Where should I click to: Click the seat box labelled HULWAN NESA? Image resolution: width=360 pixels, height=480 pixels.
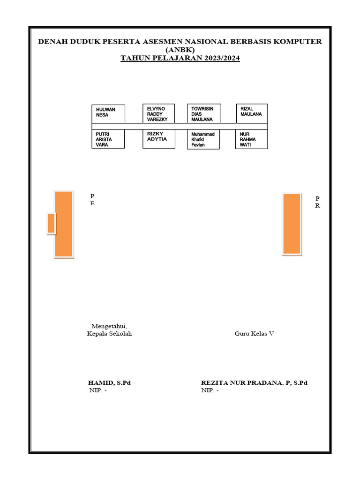[108, 114]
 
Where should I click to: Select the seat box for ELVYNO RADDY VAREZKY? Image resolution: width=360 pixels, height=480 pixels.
[159, 113]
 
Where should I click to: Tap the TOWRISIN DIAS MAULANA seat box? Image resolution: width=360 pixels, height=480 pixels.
[204, 113]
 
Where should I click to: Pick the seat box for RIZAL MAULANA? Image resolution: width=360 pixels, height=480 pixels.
[252, 113]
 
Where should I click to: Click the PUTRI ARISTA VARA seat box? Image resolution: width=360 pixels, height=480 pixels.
[108, 139]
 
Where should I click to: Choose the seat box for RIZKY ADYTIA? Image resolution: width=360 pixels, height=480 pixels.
[159, 139]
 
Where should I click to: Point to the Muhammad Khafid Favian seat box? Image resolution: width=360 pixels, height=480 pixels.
[204, 139]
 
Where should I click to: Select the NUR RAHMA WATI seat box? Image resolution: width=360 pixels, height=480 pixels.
[252, 139]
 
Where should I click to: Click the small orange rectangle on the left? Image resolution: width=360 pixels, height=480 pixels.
[51, 223]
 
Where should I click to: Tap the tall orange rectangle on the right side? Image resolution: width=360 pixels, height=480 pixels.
[292, 224]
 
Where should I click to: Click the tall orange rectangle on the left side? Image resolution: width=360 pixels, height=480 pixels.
[64, 224]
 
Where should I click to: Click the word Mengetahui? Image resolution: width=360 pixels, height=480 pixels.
[110, 326]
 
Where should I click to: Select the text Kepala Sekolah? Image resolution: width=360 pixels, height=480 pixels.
[110, 334]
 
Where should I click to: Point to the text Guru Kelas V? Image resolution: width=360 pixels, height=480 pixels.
[255, 334]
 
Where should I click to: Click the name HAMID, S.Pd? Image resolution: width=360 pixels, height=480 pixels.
[109, 383]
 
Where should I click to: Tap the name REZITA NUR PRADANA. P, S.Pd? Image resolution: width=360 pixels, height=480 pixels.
[254, 383]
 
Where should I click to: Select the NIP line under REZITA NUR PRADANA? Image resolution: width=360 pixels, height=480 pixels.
[210, 391]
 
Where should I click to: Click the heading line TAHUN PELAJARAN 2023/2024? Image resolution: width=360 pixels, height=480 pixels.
[180, 59]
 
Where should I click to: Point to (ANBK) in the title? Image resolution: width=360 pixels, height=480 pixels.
[180, 50]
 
